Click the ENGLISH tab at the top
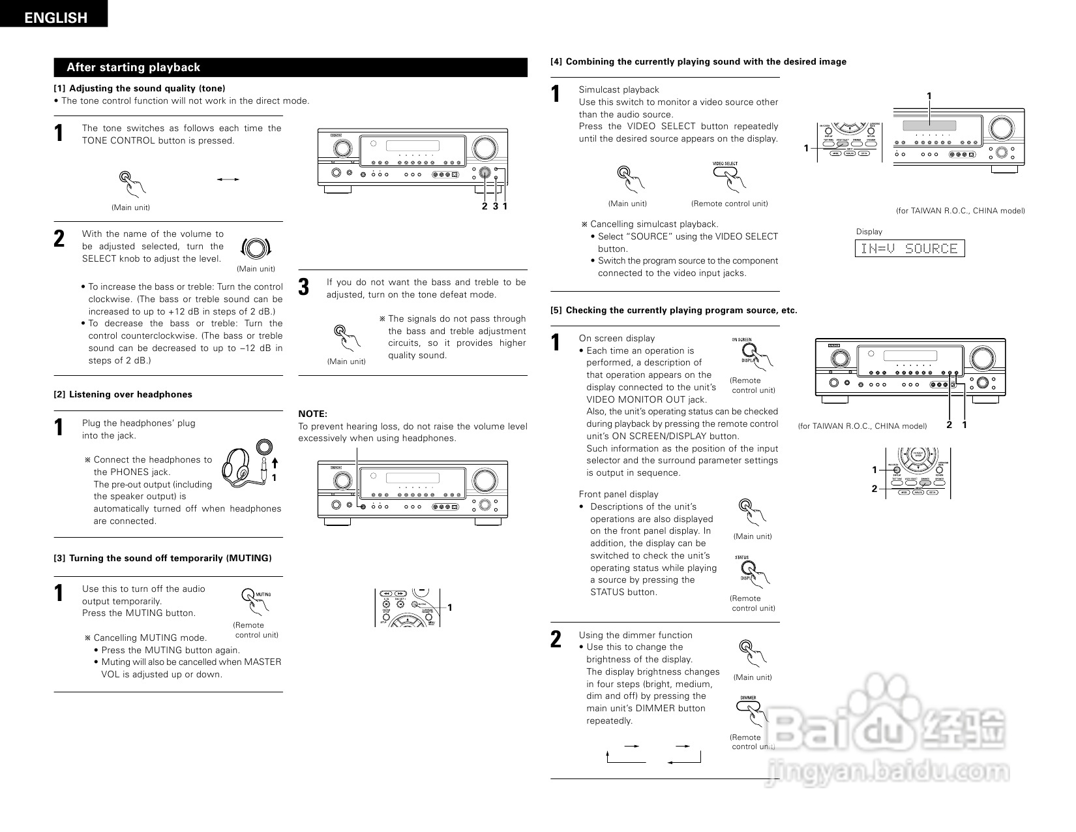[55, 18]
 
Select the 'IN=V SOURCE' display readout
[909, 249]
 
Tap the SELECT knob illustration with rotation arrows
[256, 248]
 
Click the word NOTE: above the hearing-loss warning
[312, 414]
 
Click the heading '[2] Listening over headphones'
[123, 394]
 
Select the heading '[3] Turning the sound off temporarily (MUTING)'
[162, 558]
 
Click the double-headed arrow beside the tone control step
[228, 179]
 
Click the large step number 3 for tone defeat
[304, 287]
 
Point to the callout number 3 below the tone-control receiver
[496, 206]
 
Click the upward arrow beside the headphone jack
[275, 463]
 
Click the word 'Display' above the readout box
[869, 232]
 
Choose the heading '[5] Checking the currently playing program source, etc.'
[674, 311]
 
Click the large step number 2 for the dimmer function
[556, 639]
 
